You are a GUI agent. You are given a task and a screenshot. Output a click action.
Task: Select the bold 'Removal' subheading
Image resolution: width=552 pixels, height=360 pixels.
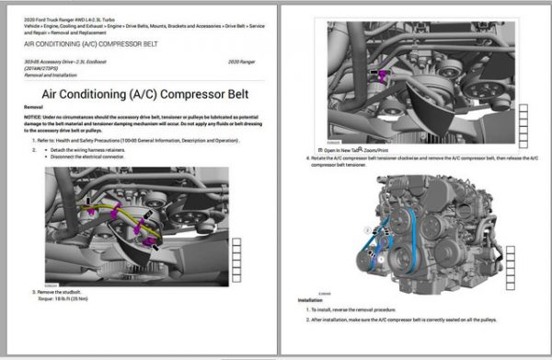pyautogui.click(x=33, y=107)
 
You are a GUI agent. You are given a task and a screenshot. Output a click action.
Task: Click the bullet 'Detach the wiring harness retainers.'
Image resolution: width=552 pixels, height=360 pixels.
pyautogui.click(x=82, y=149)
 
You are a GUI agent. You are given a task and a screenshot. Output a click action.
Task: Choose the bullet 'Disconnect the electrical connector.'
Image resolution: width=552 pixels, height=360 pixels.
pyautogui.click(x=83, y=156)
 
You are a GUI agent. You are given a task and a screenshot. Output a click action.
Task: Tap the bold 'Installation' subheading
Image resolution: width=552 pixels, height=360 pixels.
pyautogui.click(x=311, y=300)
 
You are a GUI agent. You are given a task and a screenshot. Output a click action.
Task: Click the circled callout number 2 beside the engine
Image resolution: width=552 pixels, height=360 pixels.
pyautogui.click(x=366, y=230)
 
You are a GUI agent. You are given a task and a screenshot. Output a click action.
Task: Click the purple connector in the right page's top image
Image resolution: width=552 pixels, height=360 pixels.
pyautogui.click(x=379, y=74)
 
